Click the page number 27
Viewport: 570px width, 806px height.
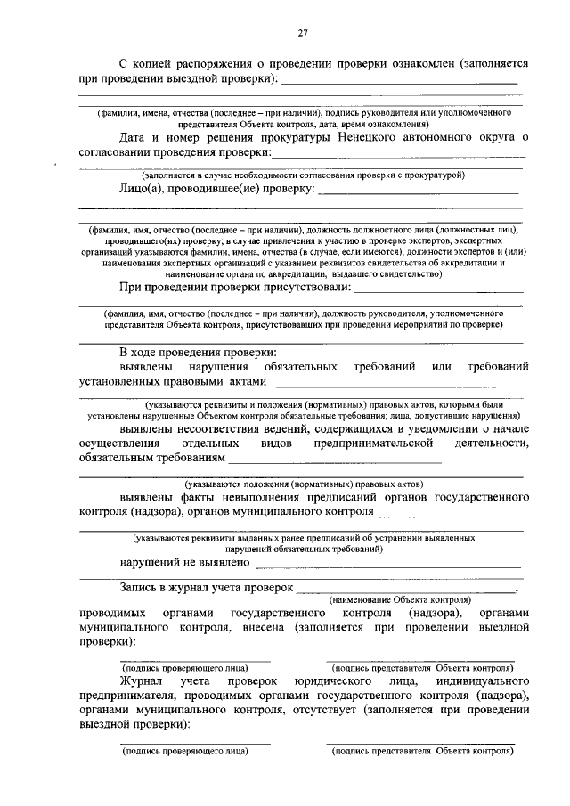click(x=303, y=34)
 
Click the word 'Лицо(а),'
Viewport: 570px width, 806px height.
click(x=145, y=189)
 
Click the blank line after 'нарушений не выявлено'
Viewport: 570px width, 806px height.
click(x=387, y=565)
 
